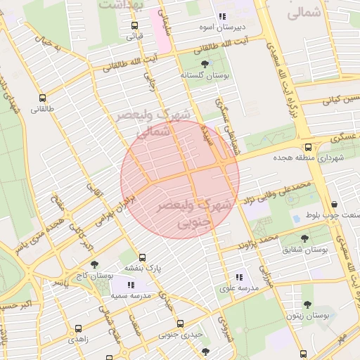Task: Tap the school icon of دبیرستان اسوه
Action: (222, 17)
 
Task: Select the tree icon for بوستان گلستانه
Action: (205, 64)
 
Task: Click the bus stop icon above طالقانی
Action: (43, 98)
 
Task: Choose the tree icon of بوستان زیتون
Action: (307, 304)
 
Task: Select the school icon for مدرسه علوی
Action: (239, 278)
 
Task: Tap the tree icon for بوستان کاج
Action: (95, 265)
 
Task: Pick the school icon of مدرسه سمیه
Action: (131, 285)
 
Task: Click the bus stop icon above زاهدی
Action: (78, 328)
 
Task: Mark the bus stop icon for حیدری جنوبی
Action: (180, 323)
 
